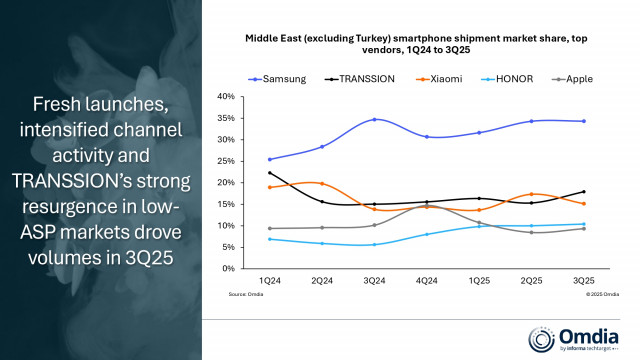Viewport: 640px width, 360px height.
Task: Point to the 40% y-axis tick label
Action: coord(225,97)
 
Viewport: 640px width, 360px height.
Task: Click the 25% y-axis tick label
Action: coord(225,161)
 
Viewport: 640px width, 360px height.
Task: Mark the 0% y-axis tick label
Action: coord(227,269)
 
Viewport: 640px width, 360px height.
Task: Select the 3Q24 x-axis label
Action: coord(346,281)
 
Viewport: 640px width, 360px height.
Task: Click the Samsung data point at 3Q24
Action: coord(346,120)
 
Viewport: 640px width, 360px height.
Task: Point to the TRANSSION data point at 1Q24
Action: coord(241,173)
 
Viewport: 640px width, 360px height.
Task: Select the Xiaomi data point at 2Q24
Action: coord(294,184)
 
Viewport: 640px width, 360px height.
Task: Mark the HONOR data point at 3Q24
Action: coord(346,244)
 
